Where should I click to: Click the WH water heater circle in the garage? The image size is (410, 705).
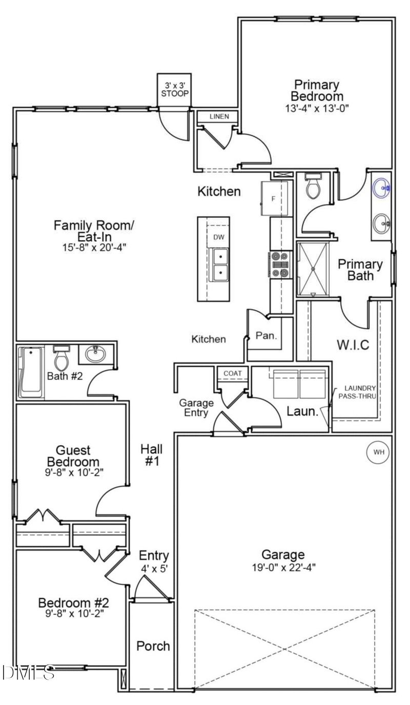(378, 452)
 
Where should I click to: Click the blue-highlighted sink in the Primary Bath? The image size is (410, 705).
(382, 188)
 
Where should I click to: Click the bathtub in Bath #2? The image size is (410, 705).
(31, 372)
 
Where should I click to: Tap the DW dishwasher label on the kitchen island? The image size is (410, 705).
(218, 237)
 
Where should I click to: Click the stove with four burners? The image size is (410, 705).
(279, 264)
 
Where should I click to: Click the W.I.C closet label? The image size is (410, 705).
(353, 344)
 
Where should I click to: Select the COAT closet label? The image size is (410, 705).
(232, 374)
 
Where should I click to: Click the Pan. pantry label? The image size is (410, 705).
(266, 336)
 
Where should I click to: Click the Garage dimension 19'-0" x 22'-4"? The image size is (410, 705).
(283, 567)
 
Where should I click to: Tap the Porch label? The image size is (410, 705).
(153, 646)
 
